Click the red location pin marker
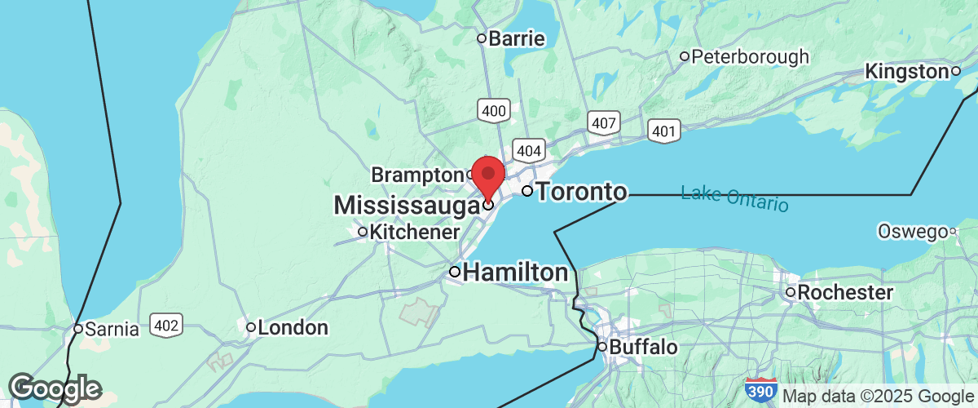(488, 175)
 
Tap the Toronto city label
(583, 193)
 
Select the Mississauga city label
(405, 206)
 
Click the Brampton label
(416, 175)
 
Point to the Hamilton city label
(515, 273)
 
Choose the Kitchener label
(414, 233)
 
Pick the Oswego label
(911, 232)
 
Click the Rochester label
(844, 292)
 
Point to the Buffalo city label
(643, 348)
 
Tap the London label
(292, 328)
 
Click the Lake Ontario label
(734, 198)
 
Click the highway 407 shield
(604, 123)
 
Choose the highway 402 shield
(166, 325)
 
